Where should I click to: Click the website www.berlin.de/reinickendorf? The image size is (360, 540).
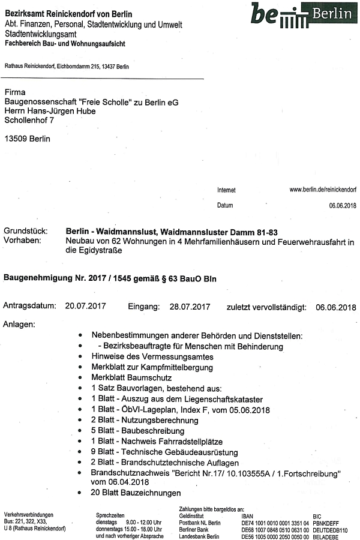[x=323, y=190]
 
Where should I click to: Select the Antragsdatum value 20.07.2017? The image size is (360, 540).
[x=85, y=306]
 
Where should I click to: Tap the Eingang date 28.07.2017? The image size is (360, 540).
[x=190, y=306]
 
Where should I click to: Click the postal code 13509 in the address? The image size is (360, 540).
[x=14, y=139]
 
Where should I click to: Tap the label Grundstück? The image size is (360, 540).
[x=26, y=231]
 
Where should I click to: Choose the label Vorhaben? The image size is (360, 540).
[x=22, y=241]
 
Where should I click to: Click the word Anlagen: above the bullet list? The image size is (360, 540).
[x=19, y=325]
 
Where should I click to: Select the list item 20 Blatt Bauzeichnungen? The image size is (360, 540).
[x=136, y=493]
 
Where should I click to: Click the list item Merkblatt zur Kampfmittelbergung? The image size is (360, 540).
[x=152, y=367]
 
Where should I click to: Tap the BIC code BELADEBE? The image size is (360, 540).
[x=326, y=536]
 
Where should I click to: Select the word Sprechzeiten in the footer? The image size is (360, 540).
[x=110, y=515]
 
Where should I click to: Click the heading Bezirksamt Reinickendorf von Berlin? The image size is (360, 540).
[x=68, y=13]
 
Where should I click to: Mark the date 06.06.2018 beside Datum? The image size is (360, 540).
[x=343, y=206]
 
